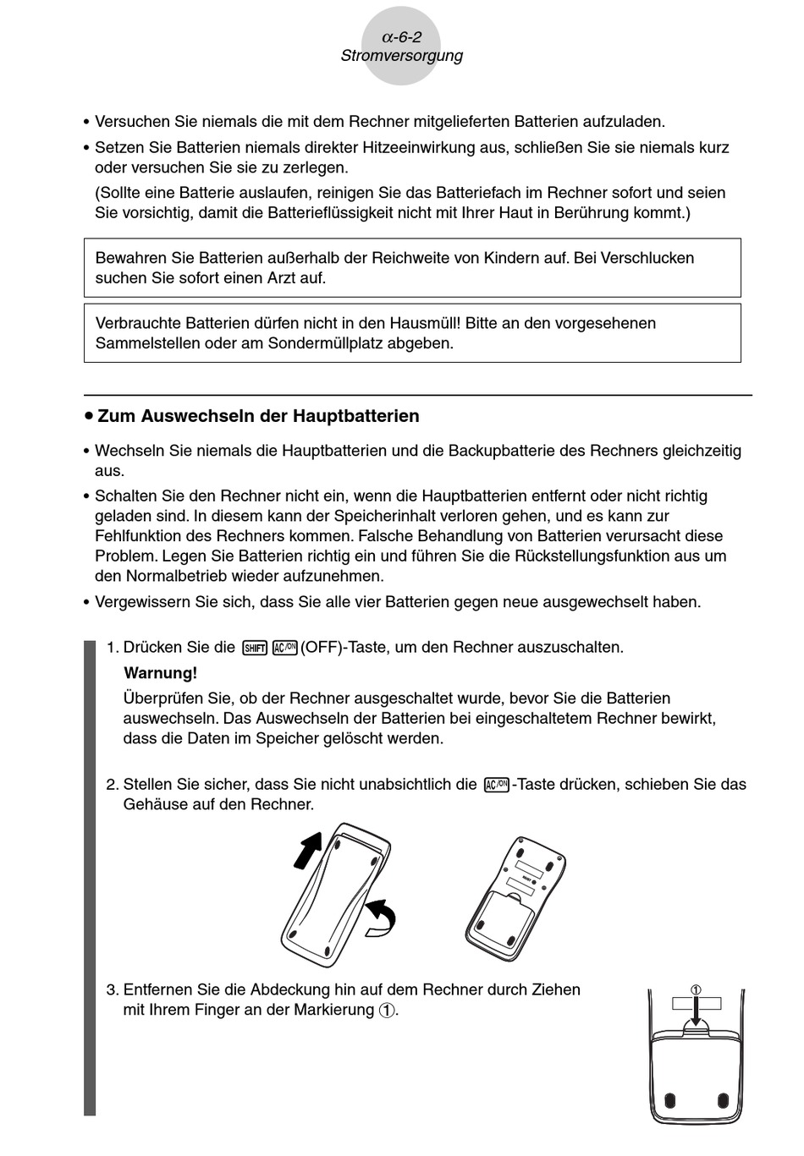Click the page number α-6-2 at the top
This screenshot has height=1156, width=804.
(401, 37)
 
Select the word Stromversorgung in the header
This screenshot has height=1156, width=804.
(401, 57)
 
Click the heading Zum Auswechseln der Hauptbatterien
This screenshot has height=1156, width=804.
(258, 416)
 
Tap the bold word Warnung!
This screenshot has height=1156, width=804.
(160, 673)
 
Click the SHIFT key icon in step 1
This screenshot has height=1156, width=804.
(254, 649)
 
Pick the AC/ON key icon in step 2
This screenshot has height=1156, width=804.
(497, 785)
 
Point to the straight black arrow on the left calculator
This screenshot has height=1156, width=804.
(308, 848)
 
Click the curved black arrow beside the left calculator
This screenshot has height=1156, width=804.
(381, 918)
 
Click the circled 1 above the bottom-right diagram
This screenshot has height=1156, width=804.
(696, 990)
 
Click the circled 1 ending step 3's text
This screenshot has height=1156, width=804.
(387, 1011)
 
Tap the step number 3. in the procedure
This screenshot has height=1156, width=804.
(113, 990)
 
